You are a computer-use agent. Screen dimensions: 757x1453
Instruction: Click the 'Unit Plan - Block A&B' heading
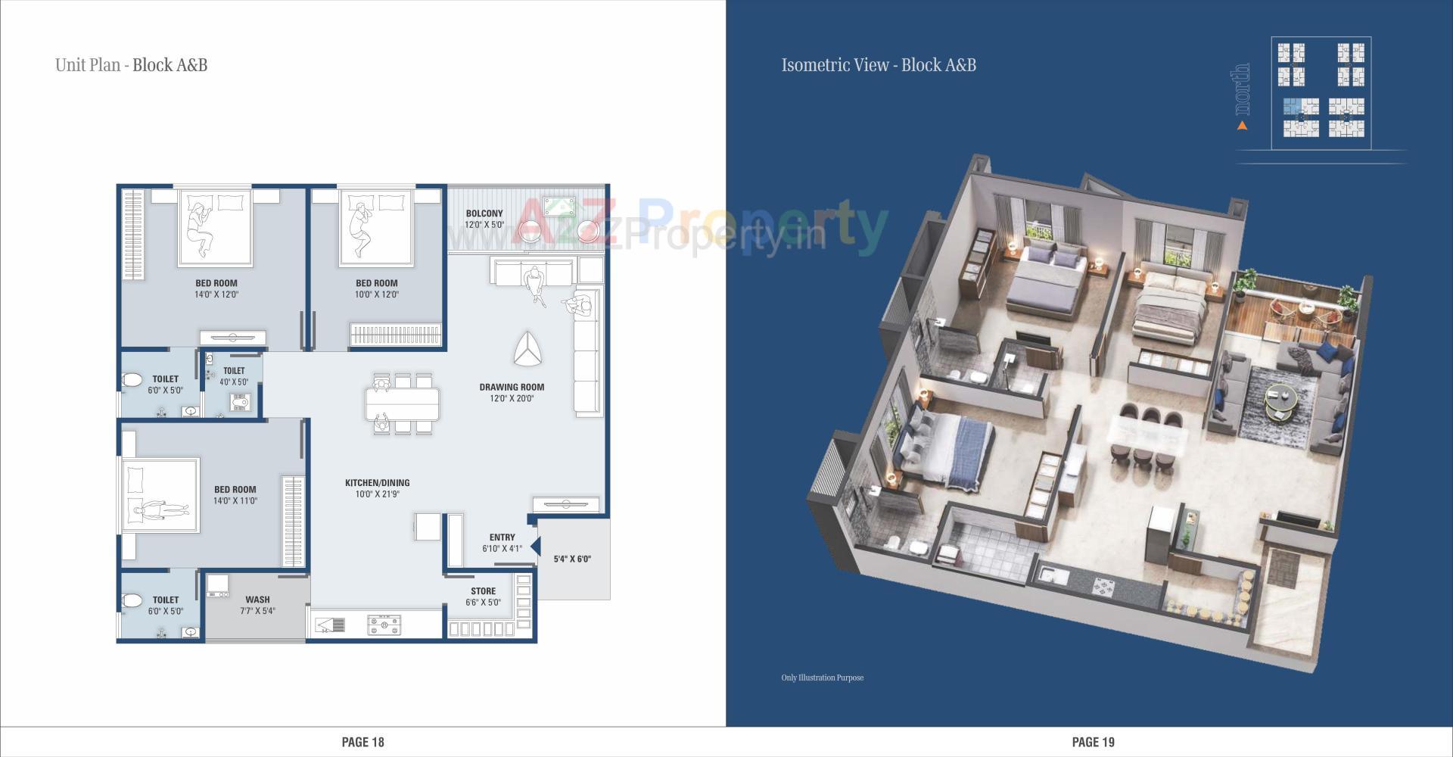click(131, 65)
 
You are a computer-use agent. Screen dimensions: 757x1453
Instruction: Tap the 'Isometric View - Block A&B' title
click(878, 65)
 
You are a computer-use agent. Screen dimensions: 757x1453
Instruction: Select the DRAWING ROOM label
click(512, 387)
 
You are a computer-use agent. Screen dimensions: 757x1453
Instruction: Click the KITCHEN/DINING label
click(377, 482)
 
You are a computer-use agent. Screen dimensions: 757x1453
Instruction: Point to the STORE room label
click(483, 591)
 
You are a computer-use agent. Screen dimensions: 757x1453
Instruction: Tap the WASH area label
click(257, 600)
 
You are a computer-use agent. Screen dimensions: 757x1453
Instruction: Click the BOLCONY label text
click(484, 213)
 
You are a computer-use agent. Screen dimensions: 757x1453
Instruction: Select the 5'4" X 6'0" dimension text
click(572, 559)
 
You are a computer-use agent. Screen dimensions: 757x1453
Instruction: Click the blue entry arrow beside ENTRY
click(535, 546)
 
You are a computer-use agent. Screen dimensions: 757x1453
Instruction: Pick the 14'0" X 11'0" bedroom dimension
click(235, 501)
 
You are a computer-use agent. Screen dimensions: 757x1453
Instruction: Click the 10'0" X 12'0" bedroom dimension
click(376, 294)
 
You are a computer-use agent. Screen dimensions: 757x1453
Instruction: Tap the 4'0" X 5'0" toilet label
click(234, 382)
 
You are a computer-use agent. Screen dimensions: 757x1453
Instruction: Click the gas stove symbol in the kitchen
click(384, 625)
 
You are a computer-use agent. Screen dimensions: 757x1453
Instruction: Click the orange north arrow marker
click(1242, 126)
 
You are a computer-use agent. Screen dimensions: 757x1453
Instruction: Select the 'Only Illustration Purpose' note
click(822, 678)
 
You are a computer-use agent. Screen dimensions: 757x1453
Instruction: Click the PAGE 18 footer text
click(362, 742)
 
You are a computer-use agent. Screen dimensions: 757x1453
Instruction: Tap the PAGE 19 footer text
click(1093, 742)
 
